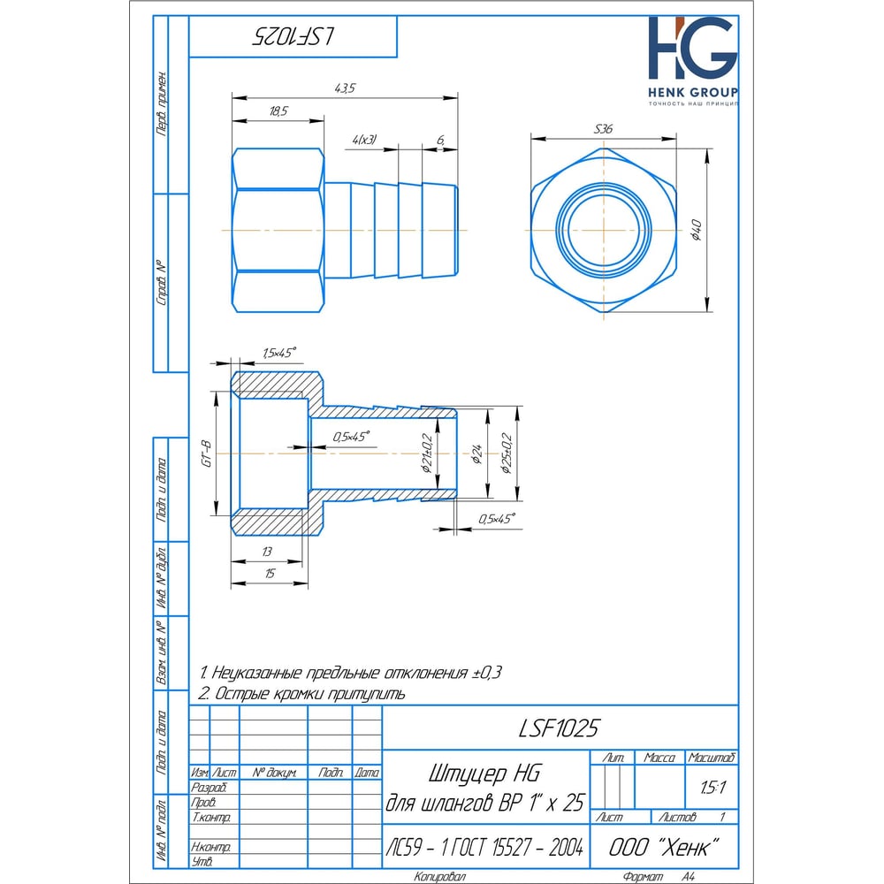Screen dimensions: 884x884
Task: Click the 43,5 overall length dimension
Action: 345,88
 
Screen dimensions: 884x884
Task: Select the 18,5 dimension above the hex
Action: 278,111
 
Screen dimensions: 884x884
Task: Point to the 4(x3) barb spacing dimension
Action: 364,140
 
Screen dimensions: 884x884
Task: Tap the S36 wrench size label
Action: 603,129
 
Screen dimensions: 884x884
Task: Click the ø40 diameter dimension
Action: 697,230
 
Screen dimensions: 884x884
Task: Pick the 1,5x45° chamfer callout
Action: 279,353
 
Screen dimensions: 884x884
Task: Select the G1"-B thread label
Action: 207,453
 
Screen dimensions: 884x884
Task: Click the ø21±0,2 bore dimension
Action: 427,453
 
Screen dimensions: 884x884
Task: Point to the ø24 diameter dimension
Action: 477,453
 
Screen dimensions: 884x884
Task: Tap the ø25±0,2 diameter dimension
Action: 507,453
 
